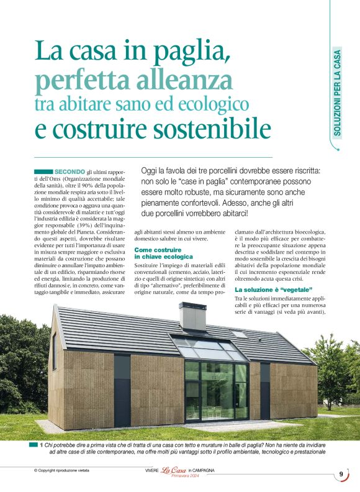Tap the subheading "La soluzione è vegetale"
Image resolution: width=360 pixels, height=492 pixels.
click(x=273, y=289)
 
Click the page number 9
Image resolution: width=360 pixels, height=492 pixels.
click(x=341, y=475)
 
